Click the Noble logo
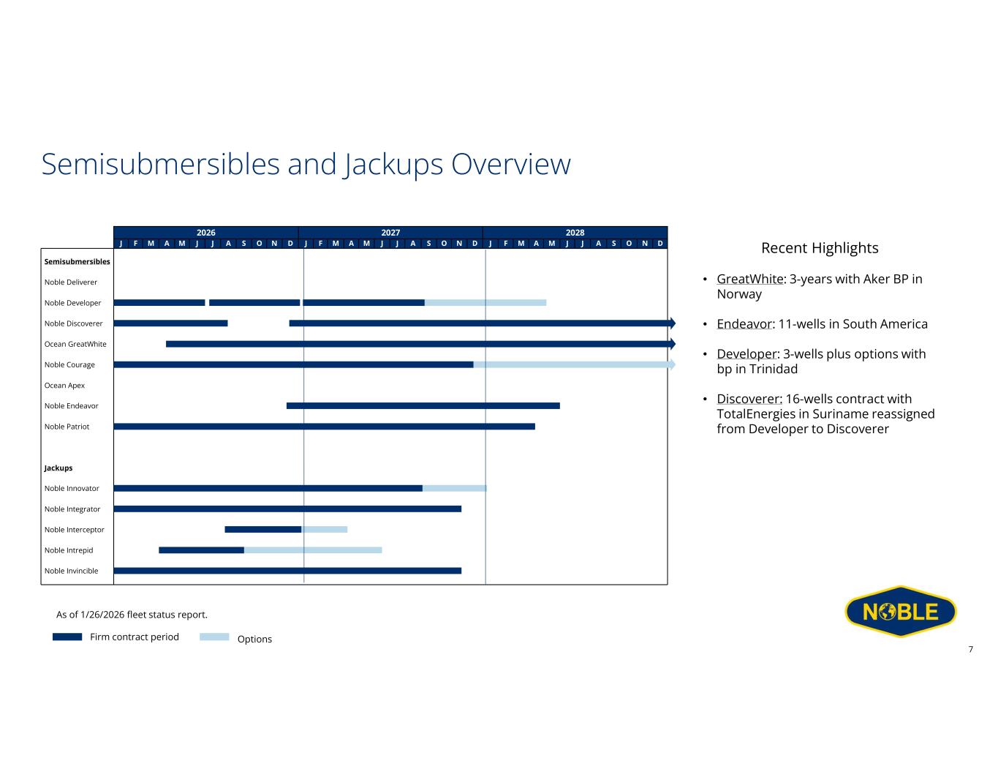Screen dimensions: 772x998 [x=900, y=611]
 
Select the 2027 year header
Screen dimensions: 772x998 [x=390, y=233]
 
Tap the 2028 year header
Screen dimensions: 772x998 [x=575, y=233]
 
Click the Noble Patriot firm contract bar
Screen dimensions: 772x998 [x=324, y=427]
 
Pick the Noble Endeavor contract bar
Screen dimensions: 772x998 [x=423, y=405]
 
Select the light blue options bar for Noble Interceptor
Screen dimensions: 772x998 [x=325, y=529]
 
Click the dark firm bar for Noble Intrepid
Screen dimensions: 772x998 [x=201, y=550]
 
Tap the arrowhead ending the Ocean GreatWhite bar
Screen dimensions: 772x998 [x=672, y=344]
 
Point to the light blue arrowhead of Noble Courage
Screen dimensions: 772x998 [x=672, y=364]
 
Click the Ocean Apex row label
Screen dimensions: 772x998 [x=64, y=386]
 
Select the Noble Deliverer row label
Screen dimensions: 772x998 [x=70, y=282]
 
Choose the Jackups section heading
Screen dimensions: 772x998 [x=58, y=468]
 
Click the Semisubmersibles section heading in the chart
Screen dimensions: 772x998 [x=77, y=262]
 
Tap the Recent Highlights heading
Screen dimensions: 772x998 [x=820, y=248]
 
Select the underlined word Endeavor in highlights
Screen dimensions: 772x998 [x=744, y=324]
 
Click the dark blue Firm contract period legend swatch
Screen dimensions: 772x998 [x=67, y=637]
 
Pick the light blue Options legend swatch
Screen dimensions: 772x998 [x=214, y=637]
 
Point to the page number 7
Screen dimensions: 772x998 [x=970, y=649]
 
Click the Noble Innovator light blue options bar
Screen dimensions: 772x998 [x=454, y=488]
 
